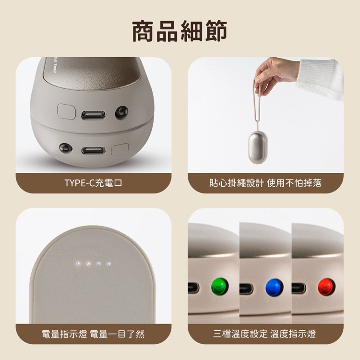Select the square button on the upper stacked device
pyautogui.click(x=66, y=111)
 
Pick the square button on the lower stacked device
pyautogui.click(x=119, y=151)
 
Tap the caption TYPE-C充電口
pyautogui.click(x=93, y=183)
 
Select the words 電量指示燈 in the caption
pyautogui.click(x=64, y=334)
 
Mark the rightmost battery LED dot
pyautogui.click(x=108, y=264)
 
